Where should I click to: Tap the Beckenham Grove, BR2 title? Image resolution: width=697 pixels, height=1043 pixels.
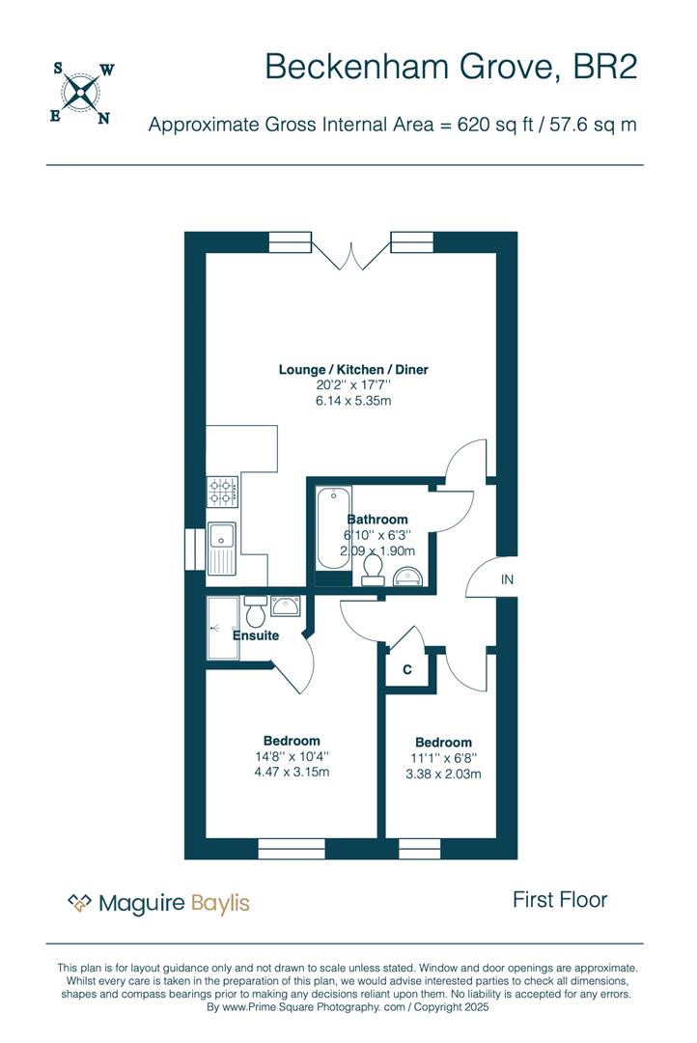(x=451, y=68)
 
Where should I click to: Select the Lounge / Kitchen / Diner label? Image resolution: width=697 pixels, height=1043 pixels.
(x=353, y=369)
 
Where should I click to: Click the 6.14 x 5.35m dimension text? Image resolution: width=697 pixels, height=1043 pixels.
(x=353, y=401)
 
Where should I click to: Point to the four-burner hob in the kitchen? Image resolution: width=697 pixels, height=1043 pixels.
(x=222, y=492)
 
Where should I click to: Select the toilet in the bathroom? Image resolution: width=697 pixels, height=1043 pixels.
(x=373, y=571)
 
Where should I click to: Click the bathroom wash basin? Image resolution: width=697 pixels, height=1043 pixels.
(x=408, y=576)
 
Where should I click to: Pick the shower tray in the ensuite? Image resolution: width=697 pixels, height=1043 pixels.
(x=222, y=628)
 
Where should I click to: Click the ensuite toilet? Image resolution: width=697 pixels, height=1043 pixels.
(x=256, y=611)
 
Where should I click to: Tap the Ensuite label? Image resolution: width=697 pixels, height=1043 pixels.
(x=256, y=635)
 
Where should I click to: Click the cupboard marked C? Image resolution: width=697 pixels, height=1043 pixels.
(x=407, y=670)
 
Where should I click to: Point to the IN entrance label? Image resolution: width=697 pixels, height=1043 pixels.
(x=507, y=580)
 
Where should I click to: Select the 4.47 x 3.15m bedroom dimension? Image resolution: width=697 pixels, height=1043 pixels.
(x=292, y=772)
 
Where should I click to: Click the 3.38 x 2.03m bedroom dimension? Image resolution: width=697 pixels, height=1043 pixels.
(x=444, y=774)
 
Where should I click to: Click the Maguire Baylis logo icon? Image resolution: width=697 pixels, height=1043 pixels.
(x=79, y=903)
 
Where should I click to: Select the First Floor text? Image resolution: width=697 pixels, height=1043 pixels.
(x=560, y=900)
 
